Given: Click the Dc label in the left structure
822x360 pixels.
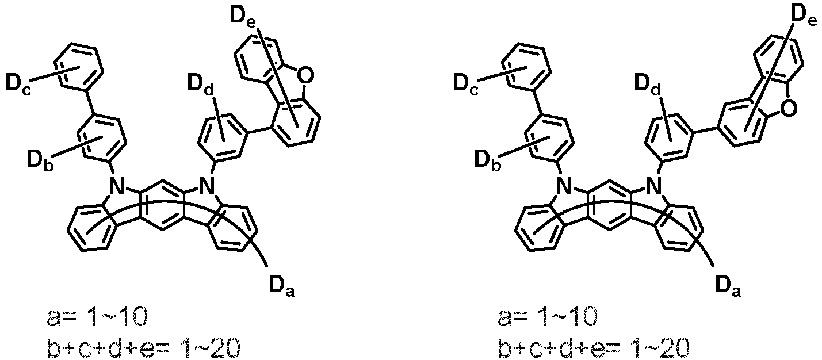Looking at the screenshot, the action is (x=19, y=85).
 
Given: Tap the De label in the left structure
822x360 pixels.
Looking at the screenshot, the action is (x=244, y=17).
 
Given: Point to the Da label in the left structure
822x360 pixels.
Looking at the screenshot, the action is (x=282, y=285).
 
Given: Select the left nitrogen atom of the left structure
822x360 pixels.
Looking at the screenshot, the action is (x=117, y=185).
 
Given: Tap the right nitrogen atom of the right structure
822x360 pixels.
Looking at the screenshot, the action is (x=652, y=185).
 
